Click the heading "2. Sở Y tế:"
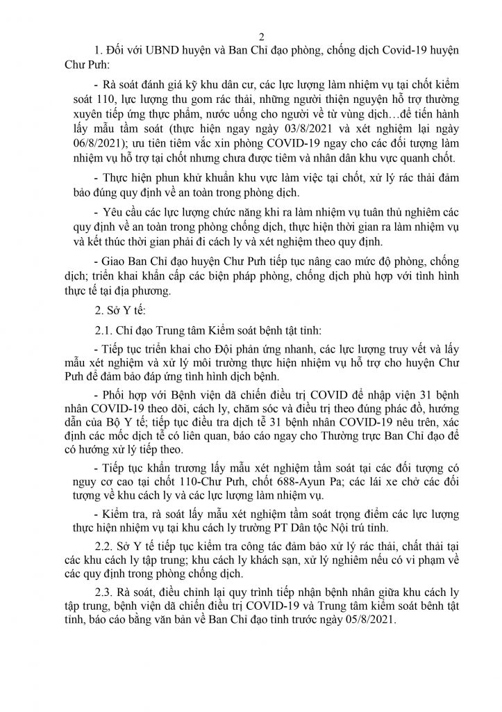pos(119,309)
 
